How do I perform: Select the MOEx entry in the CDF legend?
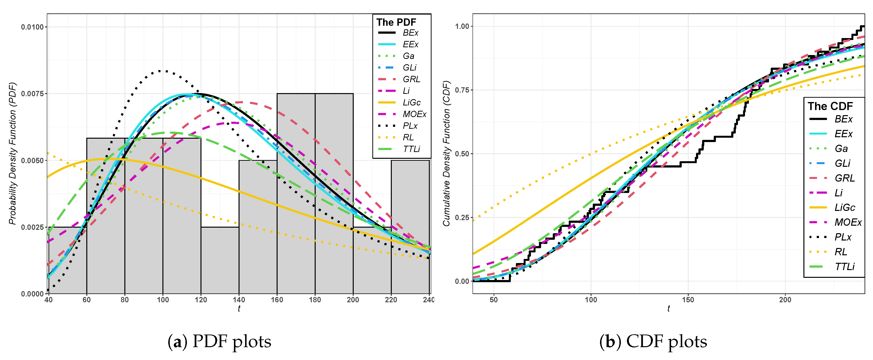click(x=848, y=222)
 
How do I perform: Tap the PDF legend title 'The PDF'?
click(x=396, y=22)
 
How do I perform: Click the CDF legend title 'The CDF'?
click(x=830, y=106)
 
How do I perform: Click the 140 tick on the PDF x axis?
click(x=239, y=300)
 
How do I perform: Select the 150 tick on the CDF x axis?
click(x=688, y=300)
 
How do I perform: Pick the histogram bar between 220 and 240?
click(x=410, y=227)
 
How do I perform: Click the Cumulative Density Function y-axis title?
click(x=446, y=153)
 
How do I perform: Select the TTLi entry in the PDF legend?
click(x=411, y=149)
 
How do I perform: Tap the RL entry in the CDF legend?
click(x=841, y=252)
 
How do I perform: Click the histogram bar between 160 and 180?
click(x=296, y=193)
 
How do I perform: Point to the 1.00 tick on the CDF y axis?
click(x=462, y=26)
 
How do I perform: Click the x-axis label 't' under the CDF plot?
click(x=668, y=308)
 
